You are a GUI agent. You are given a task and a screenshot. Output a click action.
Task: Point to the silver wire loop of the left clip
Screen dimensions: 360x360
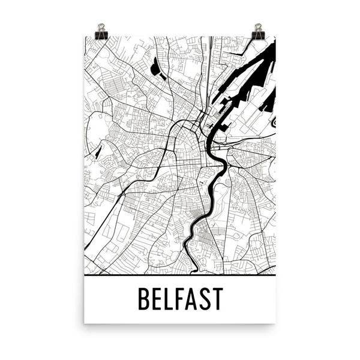(x=100, y=28)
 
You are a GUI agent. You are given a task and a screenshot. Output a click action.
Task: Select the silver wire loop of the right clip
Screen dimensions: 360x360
(x=258, y=28)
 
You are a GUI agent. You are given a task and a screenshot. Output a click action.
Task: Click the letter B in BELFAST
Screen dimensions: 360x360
(x=144, y=299)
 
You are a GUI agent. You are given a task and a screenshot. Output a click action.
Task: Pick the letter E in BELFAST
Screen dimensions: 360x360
(x=158, y=299)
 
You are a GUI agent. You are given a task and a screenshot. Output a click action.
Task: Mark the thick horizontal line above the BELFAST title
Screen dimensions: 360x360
(x=180, y=275)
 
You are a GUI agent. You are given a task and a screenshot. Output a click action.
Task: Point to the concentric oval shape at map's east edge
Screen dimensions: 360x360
(x=273, y=122)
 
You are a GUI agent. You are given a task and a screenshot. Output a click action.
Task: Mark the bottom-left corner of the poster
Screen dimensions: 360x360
(x=85, y=323)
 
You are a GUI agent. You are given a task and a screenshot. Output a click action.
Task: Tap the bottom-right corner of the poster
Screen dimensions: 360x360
(x=275, y=323)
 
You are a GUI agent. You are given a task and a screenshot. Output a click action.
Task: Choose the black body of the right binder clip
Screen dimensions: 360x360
(x=258, y=35)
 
